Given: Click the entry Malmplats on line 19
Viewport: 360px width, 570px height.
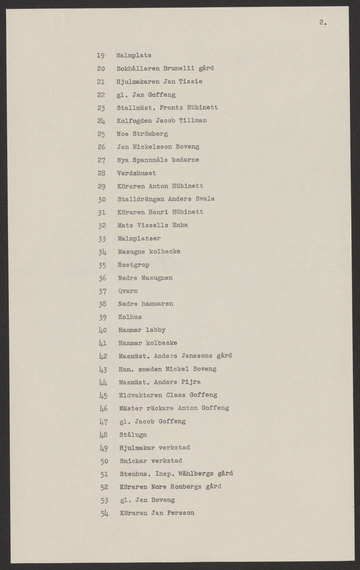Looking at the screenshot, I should coord(133,55).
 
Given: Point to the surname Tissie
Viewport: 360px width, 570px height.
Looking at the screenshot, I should coord(191,81).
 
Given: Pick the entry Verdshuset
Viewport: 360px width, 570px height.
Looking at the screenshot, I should coord(136,173).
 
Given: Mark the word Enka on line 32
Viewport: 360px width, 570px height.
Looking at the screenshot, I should coord(180,225).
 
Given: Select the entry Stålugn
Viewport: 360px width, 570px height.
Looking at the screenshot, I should coord(133,434).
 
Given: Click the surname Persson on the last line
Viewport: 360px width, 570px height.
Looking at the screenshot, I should coord(180,513).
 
